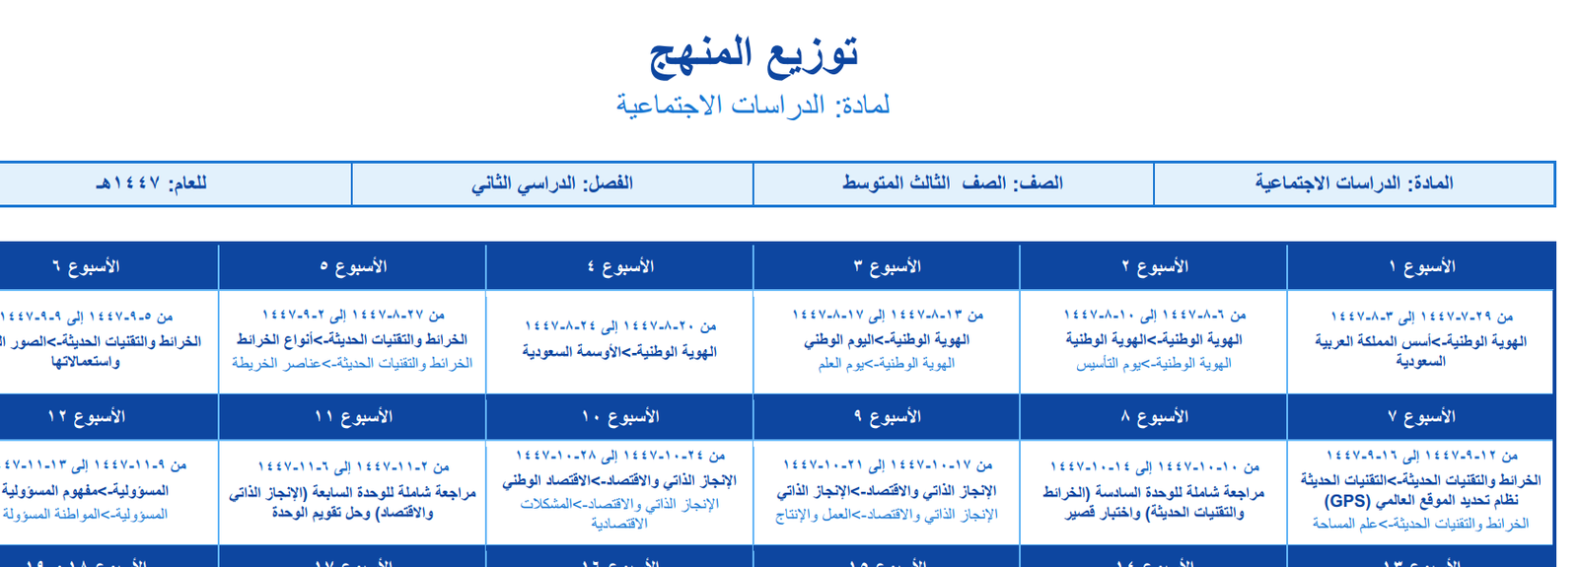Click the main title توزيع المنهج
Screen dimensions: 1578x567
pos(753,54)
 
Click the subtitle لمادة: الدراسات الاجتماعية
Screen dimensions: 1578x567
pos(753,105)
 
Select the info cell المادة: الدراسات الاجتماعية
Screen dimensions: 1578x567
pos(1353,183)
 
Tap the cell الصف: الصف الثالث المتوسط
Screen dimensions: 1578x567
pos(953,183)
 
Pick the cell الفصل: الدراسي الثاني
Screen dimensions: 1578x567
pos(552,183)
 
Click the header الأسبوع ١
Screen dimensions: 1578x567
pos(1421,266)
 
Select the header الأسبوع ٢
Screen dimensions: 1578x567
pos(1154,266)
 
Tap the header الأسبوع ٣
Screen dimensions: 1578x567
pos(887,266)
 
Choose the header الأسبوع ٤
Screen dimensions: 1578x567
pos(619,266)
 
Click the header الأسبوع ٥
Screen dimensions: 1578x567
pos(352,266)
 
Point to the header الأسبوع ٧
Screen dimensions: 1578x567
pos(1421,416)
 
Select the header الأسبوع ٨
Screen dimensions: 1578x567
pos(1154,416)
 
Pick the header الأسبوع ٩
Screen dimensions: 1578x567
pos(887,416)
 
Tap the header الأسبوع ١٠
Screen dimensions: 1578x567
pos(619,416)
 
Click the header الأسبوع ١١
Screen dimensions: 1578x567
pos(352,416)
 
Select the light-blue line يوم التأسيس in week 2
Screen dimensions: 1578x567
pos(1154,364)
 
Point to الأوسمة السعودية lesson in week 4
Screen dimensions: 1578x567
pos(619,352)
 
